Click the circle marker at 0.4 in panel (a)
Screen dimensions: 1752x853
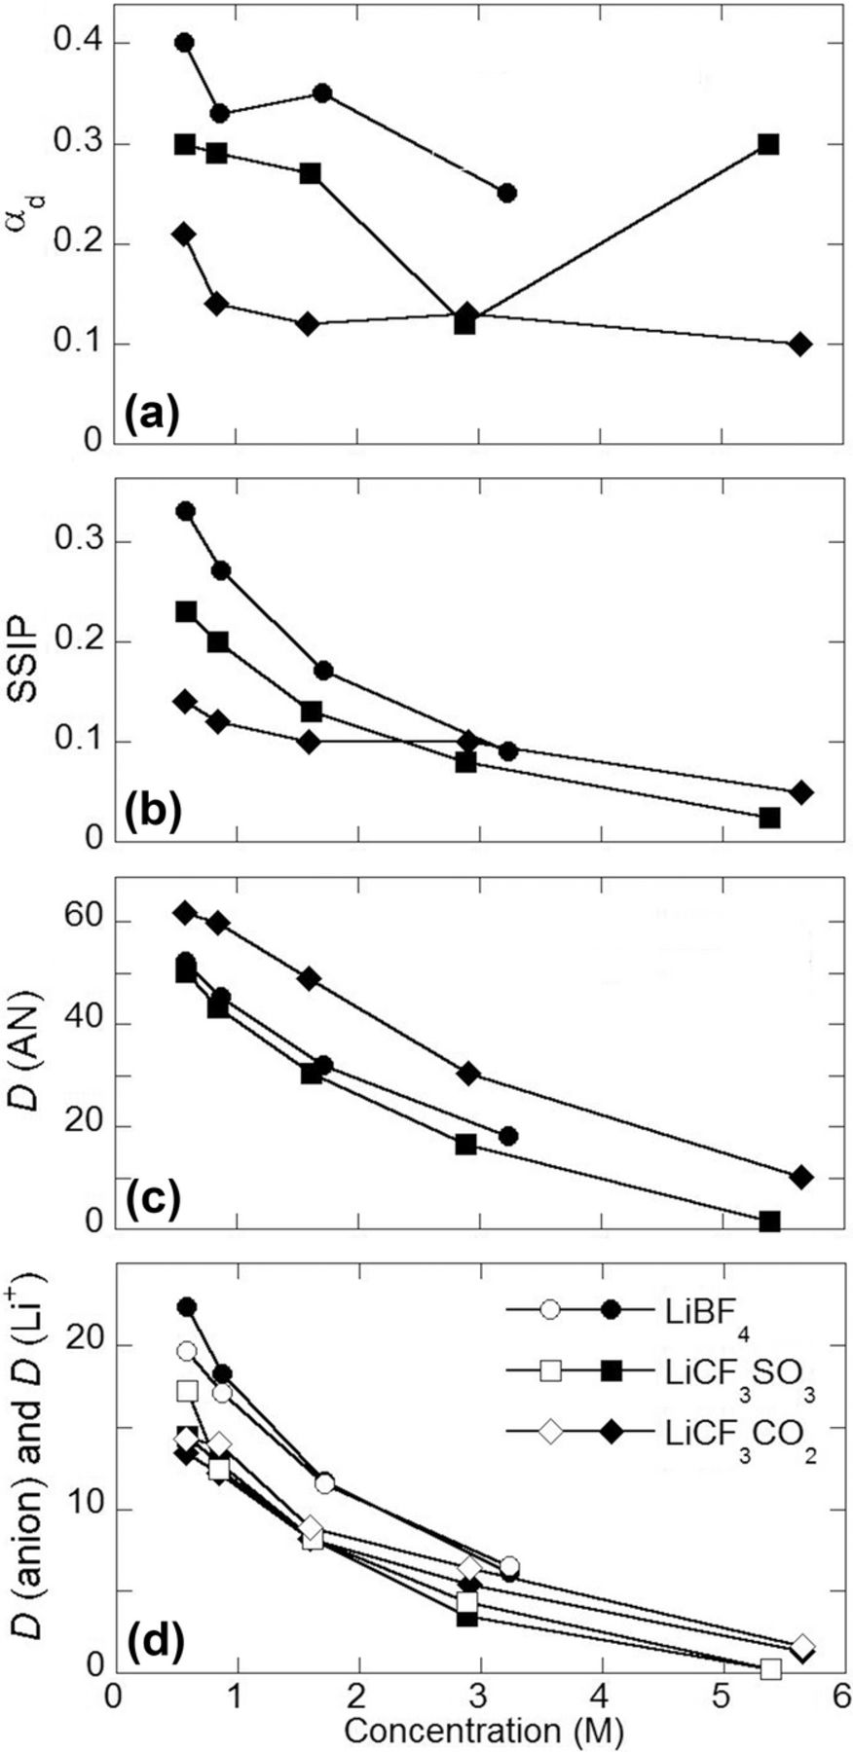[x=184, y=43]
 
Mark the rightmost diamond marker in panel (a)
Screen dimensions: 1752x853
[x=799, y=344]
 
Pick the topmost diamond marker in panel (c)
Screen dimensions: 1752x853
[x=184, y=912]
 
